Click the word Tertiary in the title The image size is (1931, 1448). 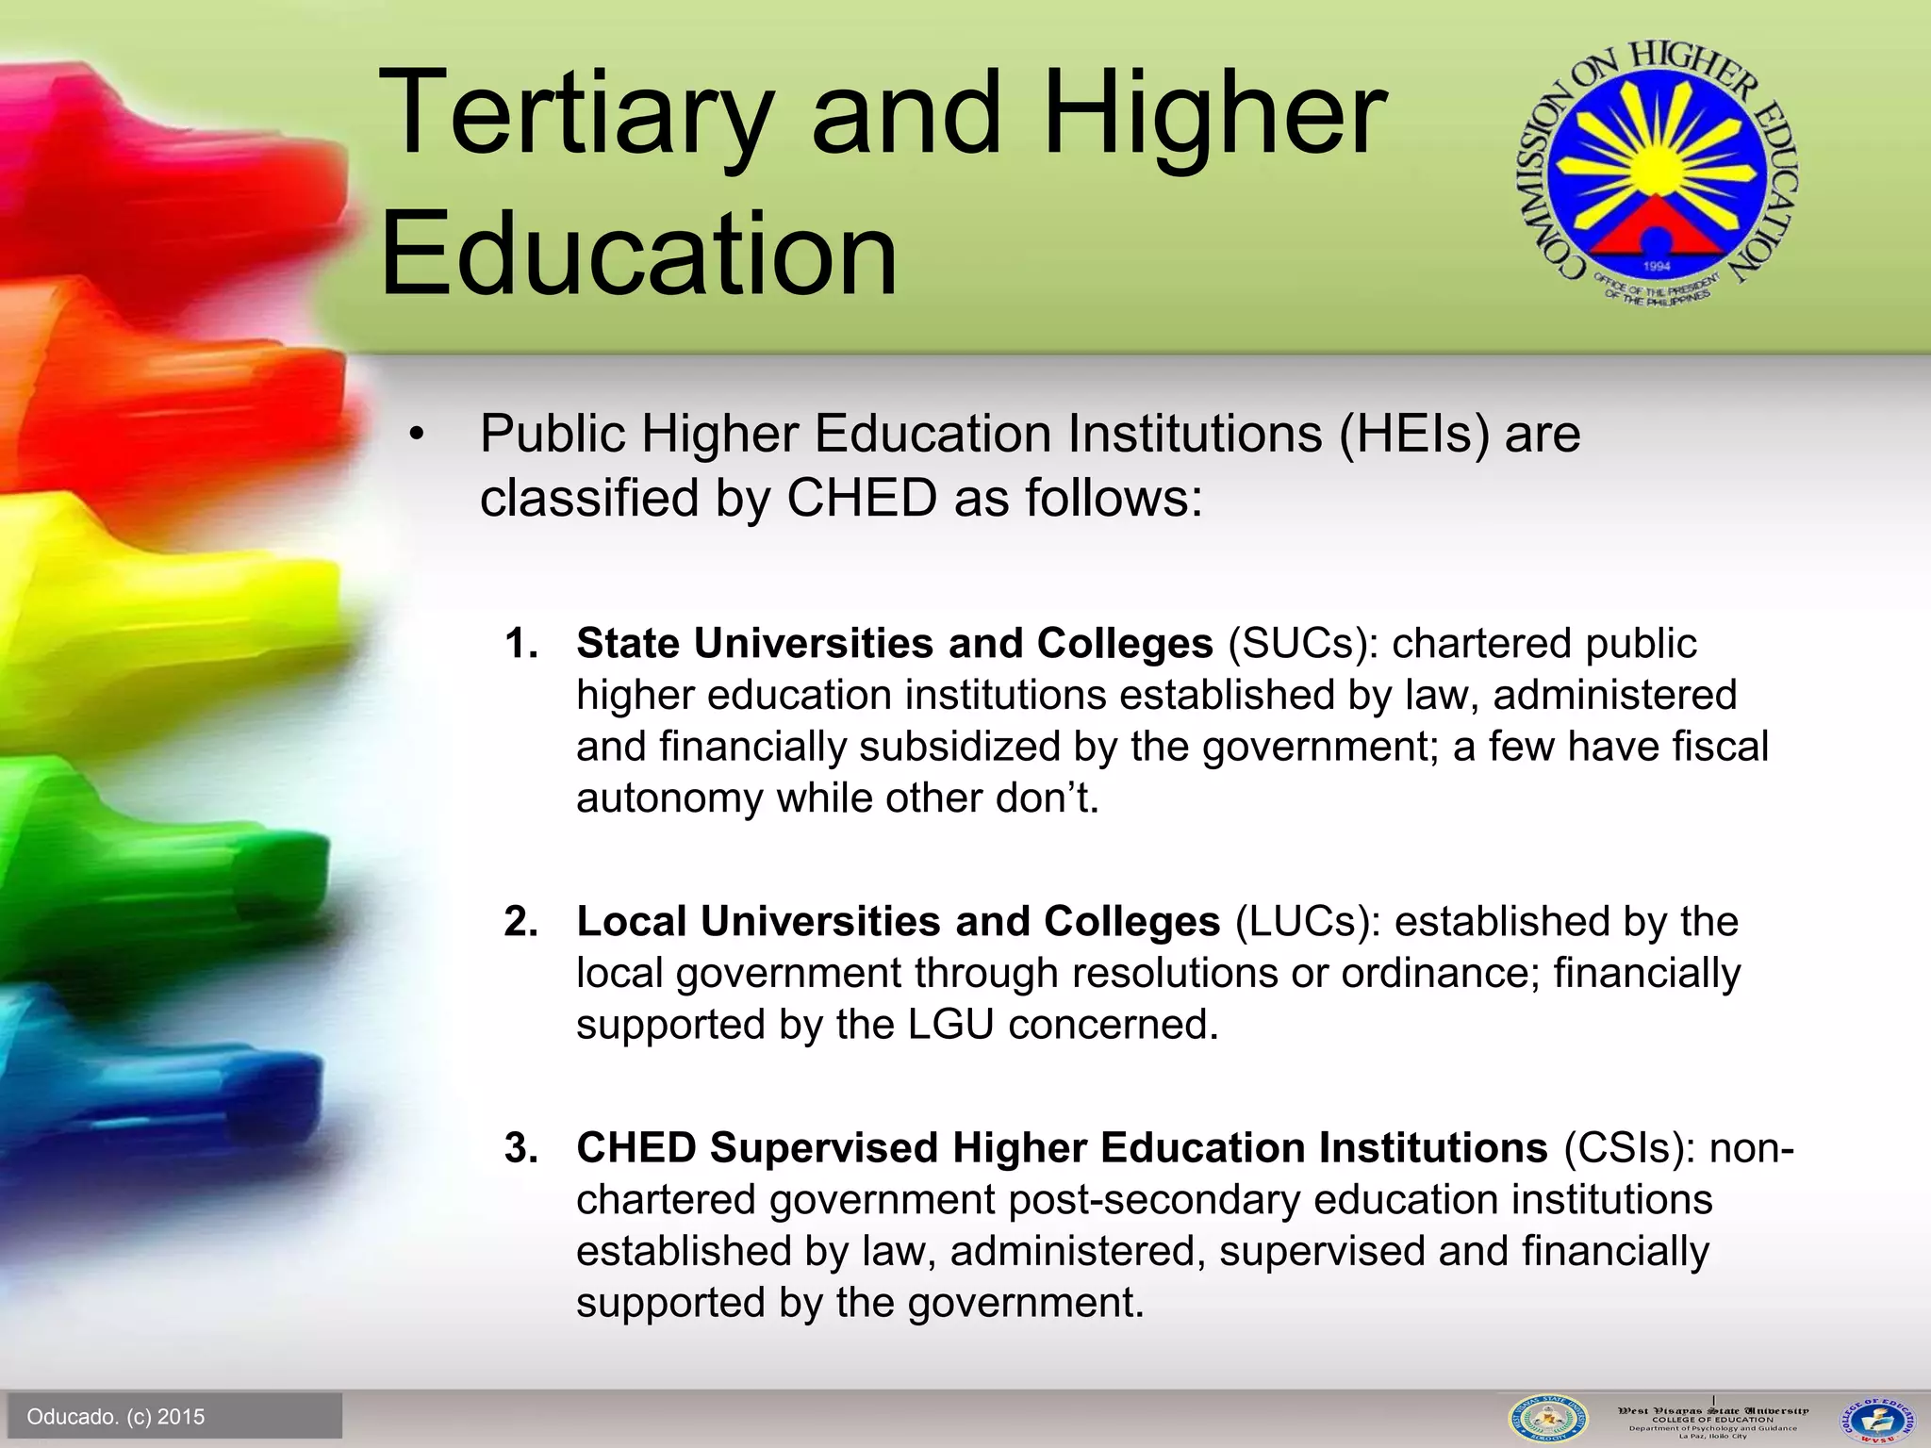(576, 115)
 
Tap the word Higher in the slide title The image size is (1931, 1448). (1215, 115)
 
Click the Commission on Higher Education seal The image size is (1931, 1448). (1656, 173)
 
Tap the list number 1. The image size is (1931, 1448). (520, 645)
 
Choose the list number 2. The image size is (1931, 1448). (520, 922)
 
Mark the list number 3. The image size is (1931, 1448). (520, 1148)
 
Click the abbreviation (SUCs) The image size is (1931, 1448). (1302, 645)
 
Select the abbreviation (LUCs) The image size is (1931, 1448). (1308, 922)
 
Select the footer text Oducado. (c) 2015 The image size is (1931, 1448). (116, 1417)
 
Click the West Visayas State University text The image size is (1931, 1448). (1712, 1411)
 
